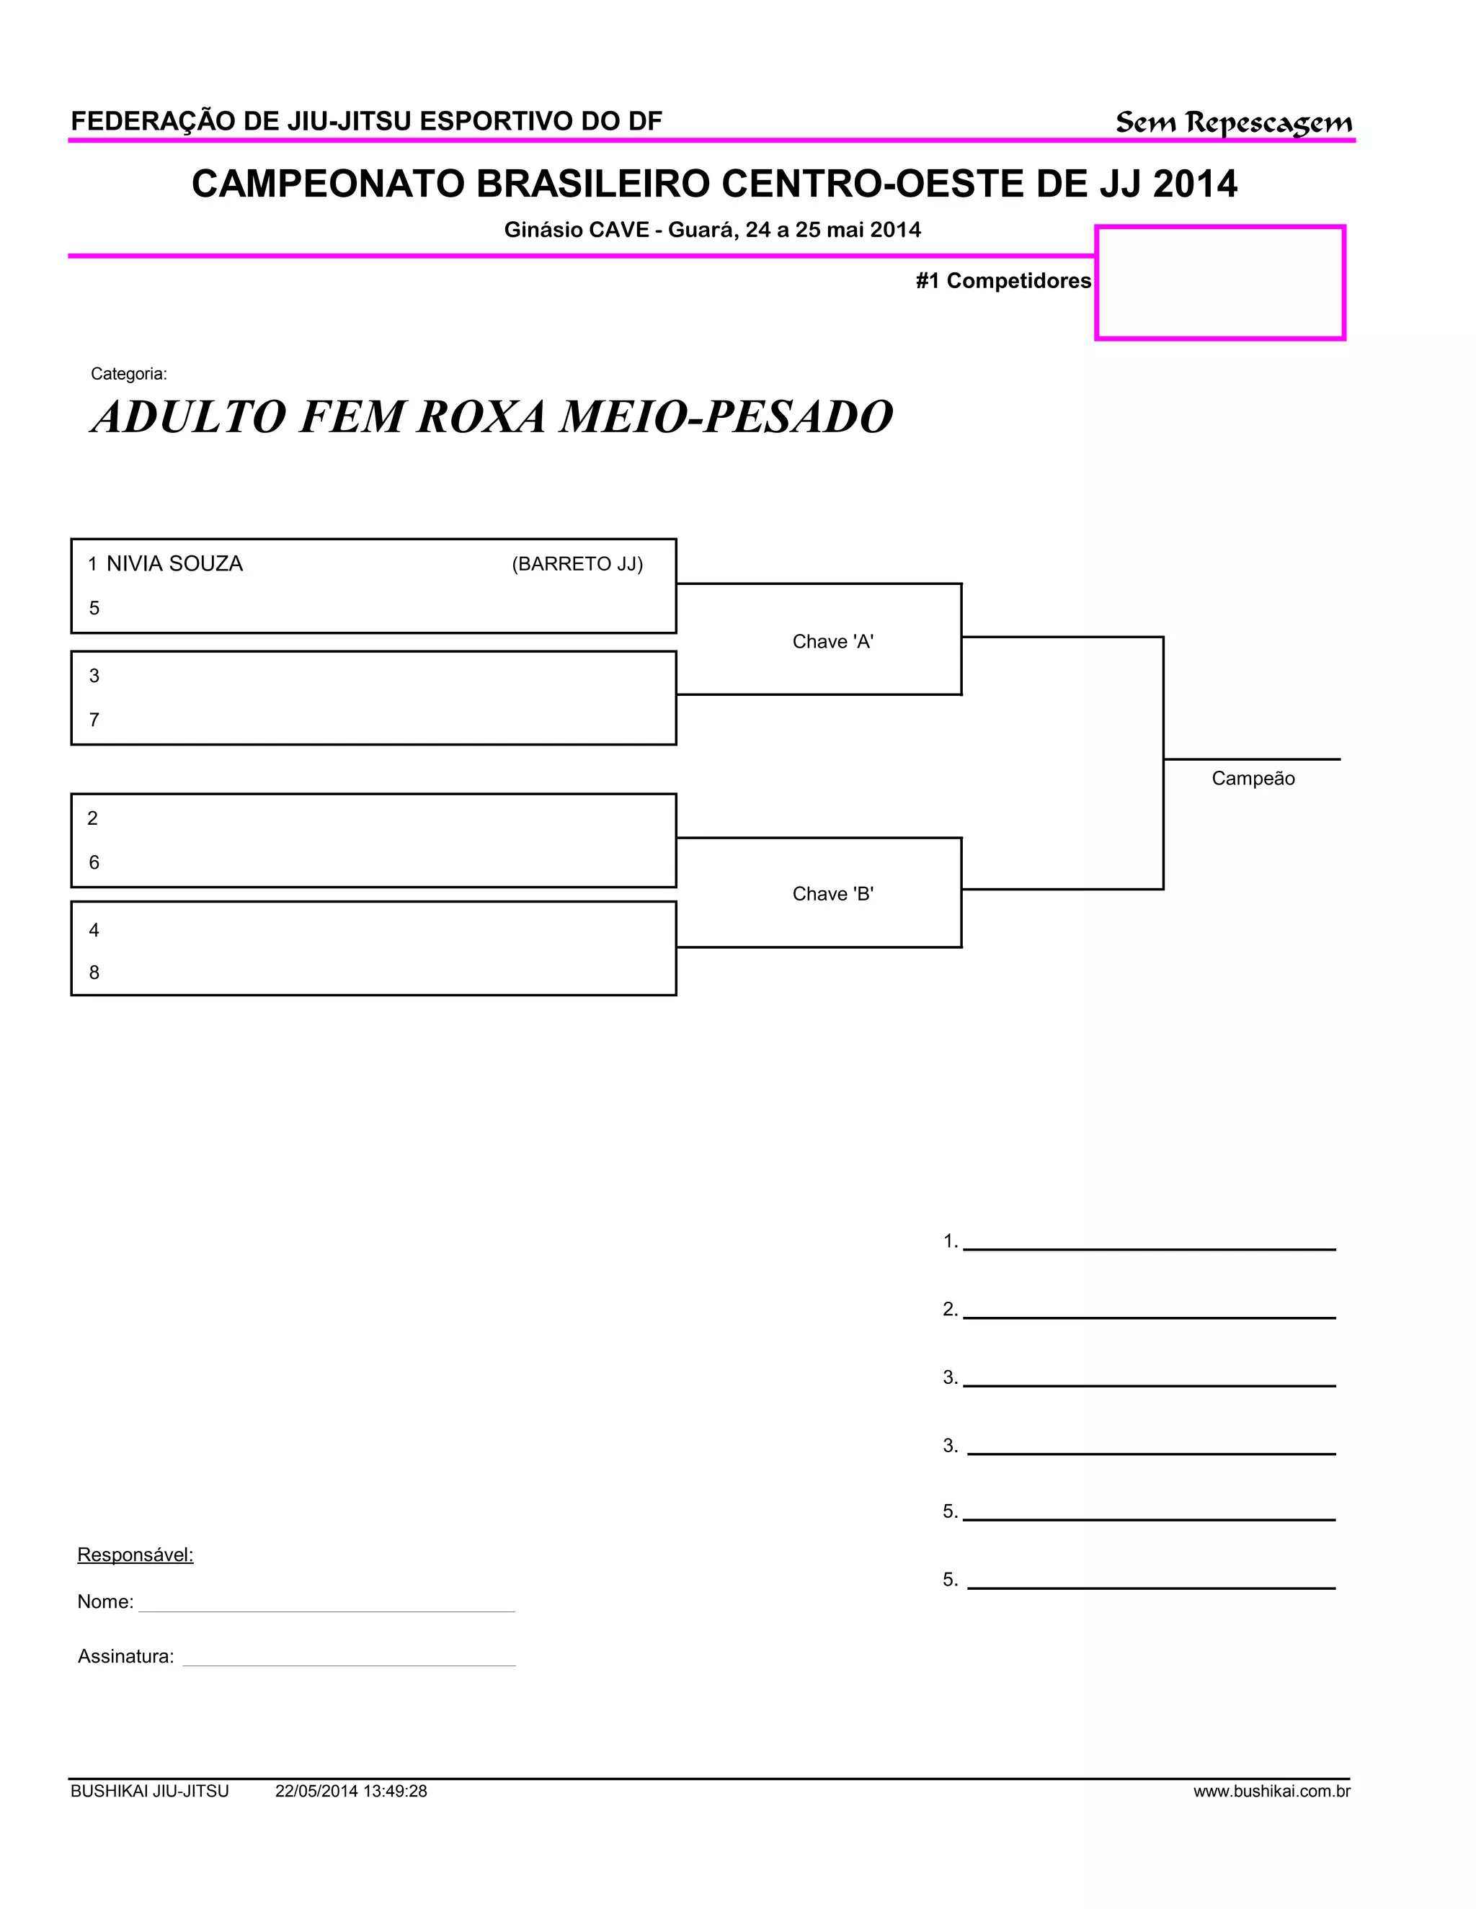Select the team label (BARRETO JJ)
pyautogui.click(x=577, y=564)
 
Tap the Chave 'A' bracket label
pyautogui.click(x=832, y=642)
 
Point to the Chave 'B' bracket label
pyautogui.click(x=832, y=893)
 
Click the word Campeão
pyautogui.click(x=1252, y=779)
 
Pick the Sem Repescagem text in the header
pyautogui.click(x=1233, y=122)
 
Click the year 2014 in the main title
pyautogui.click(x=1194, y=184)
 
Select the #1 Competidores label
pyautogui.click(x=1003, y=280)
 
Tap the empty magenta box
pyautogui.click(x=1220, y=282)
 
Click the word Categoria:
pyautogui.click(x=128, y=374)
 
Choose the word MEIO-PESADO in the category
pyautogui.click(x=726, y=417)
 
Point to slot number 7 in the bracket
pyautogui.click(x=94, y=720)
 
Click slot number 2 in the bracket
pyautogui.click(x=93, y=818)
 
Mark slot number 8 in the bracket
pyautogui.click(x=94, y=973)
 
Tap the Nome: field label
pyautogui.click(x=105, y=1602)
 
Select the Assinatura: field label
pyautogui.click(x=126, y=1656)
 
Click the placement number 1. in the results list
pyautogui.click(x=951, y=1241)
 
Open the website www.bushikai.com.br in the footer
pyautogui.click(x=1271, y=1791)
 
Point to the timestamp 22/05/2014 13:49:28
pyautogui.click(x=351, y=1791)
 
